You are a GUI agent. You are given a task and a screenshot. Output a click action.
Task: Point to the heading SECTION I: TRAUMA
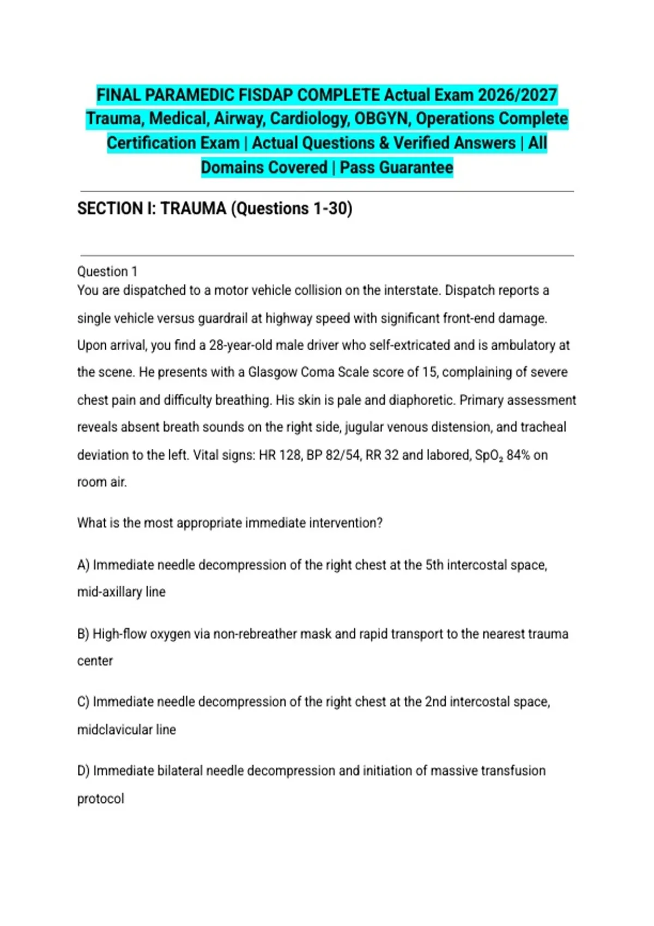[x=152, y=209]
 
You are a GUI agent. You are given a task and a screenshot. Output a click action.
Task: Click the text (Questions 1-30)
[x=292, y=209]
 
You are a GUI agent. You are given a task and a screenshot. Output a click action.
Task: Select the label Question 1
[x=107, y=271]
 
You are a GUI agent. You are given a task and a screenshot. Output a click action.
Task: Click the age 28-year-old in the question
[x=241, y=345]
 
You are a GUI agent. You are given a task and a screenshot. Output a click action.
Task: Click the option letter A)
[x=83, y=565]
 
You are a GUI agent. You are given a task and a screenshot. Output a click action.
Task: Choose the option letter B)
[x=83, y=634]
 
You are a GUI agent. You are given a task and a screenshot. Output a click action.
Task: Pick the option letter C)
[x=83, y=702]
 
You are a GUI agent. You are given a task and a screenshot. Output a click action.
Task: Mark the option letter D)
[x=83, y=771]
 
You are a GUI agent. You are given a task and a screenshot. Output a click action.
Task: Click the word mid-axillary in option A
[x=110, y=592]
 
